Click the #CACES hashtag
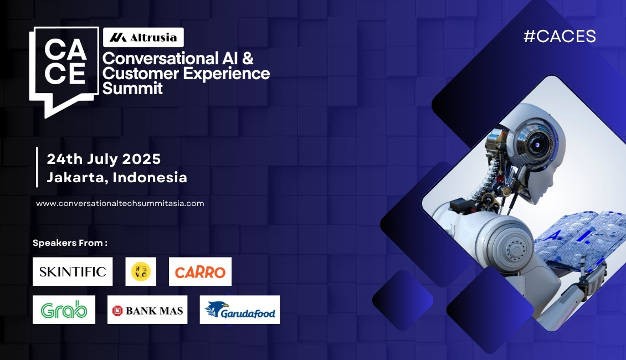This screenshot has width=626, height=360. coord(560,37)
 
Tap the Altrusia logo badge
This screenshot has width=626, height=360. coord(143,38)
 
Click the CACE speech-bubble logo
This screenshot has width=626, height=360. coord(64,72)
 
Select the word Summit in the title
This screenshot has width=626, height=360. coord(132,88)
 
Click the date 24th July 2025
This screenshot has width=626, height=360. coord(104,159)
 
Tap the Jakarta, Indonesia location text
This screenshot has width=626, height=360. coord(117,177)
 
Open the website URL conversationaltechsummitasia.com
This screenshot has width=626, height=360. coord(120,203)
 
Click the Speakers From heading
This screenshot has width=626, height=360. coord(70,243)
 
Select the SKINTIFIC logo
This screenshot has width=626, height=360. coord(73,271)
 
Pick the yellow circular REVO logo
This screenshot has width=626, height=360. coord(141,271)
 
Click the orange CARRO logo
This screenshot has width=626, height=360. coord(200,271)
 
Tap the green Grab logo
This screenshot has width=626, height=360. coord(64,310)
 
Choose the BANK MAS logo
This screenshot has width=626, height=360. coord(147,310)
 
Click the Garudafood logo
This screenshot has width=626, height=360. coord(239,310)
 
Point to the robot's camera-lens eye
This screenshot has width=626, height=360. coord(537,144)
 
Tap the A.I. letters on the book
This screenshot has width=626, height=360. coord(572,236)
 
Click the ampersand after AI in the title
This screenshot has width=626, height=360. coord(248,58)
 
